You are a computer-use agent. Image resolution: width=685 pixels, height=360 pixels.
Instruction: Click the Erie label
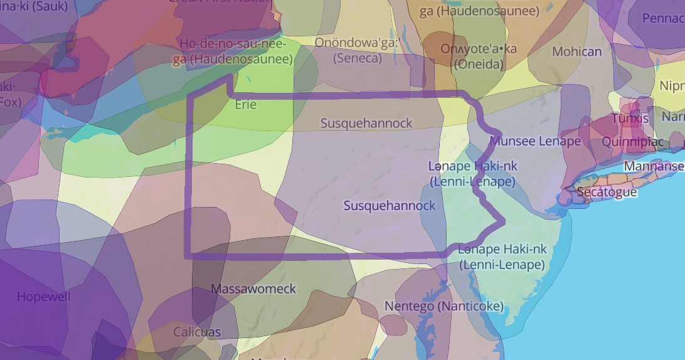point(246,105)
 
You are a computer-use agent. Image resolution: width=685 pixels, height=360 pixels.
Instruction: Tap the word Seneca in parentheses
point(358,58)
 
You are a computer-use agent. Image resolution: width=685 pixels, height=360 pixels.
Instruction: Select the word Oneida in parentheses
point(479,65)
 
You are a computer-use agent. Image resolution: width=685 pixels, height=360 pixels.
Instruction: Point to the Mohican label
point(576,52)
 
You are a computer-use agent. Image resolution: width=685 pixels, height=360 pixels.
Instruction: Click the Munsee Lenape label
point(535,141)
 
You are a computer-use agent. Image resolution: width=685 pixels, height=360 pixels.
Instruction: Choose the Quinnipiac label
point(632,142)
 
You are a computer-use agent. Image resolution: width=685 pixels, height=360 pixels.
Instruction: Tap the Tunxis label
point(630,119)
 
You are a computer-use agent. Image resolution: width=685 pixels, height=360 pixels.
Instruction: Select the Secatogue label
point(607,192)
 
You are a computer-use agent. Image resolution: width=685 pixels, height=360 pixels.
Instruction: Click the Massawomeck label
point(253,289)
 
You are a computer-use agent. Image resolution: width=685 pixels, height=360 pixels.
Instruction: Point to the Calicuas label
point(197,332)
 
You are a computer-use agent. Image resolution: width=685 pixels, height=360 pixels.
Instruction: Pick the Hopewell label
point(44,297)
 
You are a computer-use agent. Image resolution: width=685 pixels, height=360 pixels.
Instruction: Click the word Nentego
point(408,306)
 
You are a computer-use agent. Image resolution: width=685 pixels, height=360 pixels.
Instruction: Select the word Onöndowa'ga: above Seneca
point(357,43)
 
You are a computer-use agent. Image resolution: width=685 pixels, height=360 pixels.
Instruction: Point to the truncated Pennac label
point(664,18)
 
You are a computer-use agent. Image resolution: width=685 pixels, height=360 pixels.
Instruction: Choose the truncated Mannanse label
point(654,166)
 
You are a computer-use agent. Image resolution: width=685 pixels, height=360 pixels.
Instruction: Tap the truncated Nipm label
point(671,85)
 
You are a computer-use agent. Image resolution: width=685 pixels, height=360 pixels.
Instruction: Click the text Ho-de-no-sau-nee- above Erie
point(233,44)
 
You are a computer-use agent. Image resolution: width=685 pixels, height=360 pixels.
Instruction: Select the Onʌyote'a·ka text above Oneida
point(479,49)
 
